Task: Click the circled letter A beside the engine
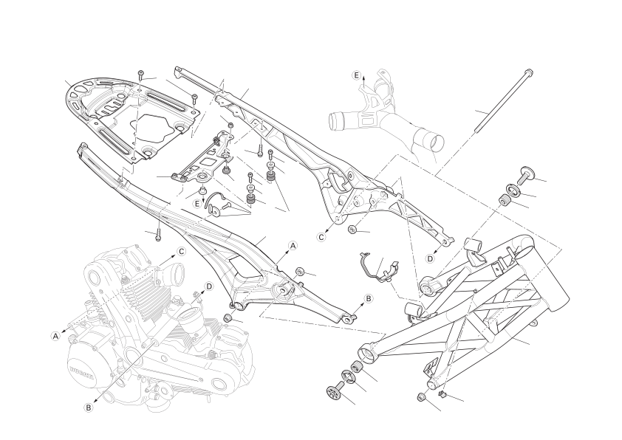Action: [x=56, y=336]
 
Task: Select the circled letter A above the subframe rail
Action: [x=293, y=246]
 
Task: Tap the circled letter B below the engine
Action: [x=89, y=407]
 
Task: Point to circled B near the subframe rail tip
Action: [x=368, y=298]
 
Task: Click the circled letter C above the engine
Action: [x=181, y=251]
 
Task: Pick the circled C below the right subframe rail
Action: [x=321, y=237]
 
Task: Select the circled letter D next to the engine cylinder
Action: [x=209, y=286]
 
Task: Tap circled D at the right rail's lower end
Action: [x=431, y=258]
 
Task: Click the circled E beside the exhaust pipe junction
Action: [x=356, y=75]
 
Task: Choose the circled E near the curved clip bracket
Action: [x=197, y=204]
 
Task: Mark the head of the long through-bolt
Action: [x=528, y=73]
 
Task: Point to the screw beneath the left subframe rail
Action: [x=158, y=235]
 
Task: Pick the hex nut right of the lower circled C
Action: [x=352, y=230]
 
